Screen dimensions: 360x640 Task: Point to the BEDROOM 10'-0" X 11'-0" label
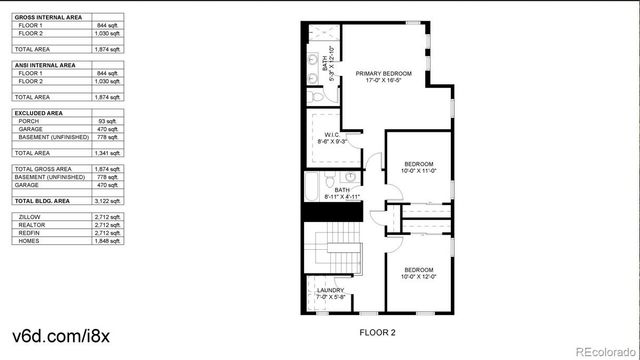click(419, 167)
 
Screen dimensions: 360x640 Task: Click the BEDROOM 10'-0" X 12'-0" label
click(419, 273)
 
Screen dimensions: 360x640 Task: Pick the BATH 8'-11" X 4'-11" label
click(342, 193)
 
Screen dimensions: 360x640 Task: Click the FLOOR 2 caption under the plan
click(378, 331)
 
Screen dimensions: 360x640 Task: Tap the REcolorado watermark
click(600, 349)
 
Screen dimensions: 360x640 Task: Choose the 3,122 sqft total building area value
click(107, 201)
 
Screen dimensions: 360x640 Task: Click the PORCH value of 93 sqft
click(108, 121)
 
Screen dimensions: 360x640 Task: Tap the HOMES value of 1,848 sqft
click(107, 240)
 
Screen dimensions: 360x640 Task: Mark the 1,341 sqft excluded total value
click(107, 153)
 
